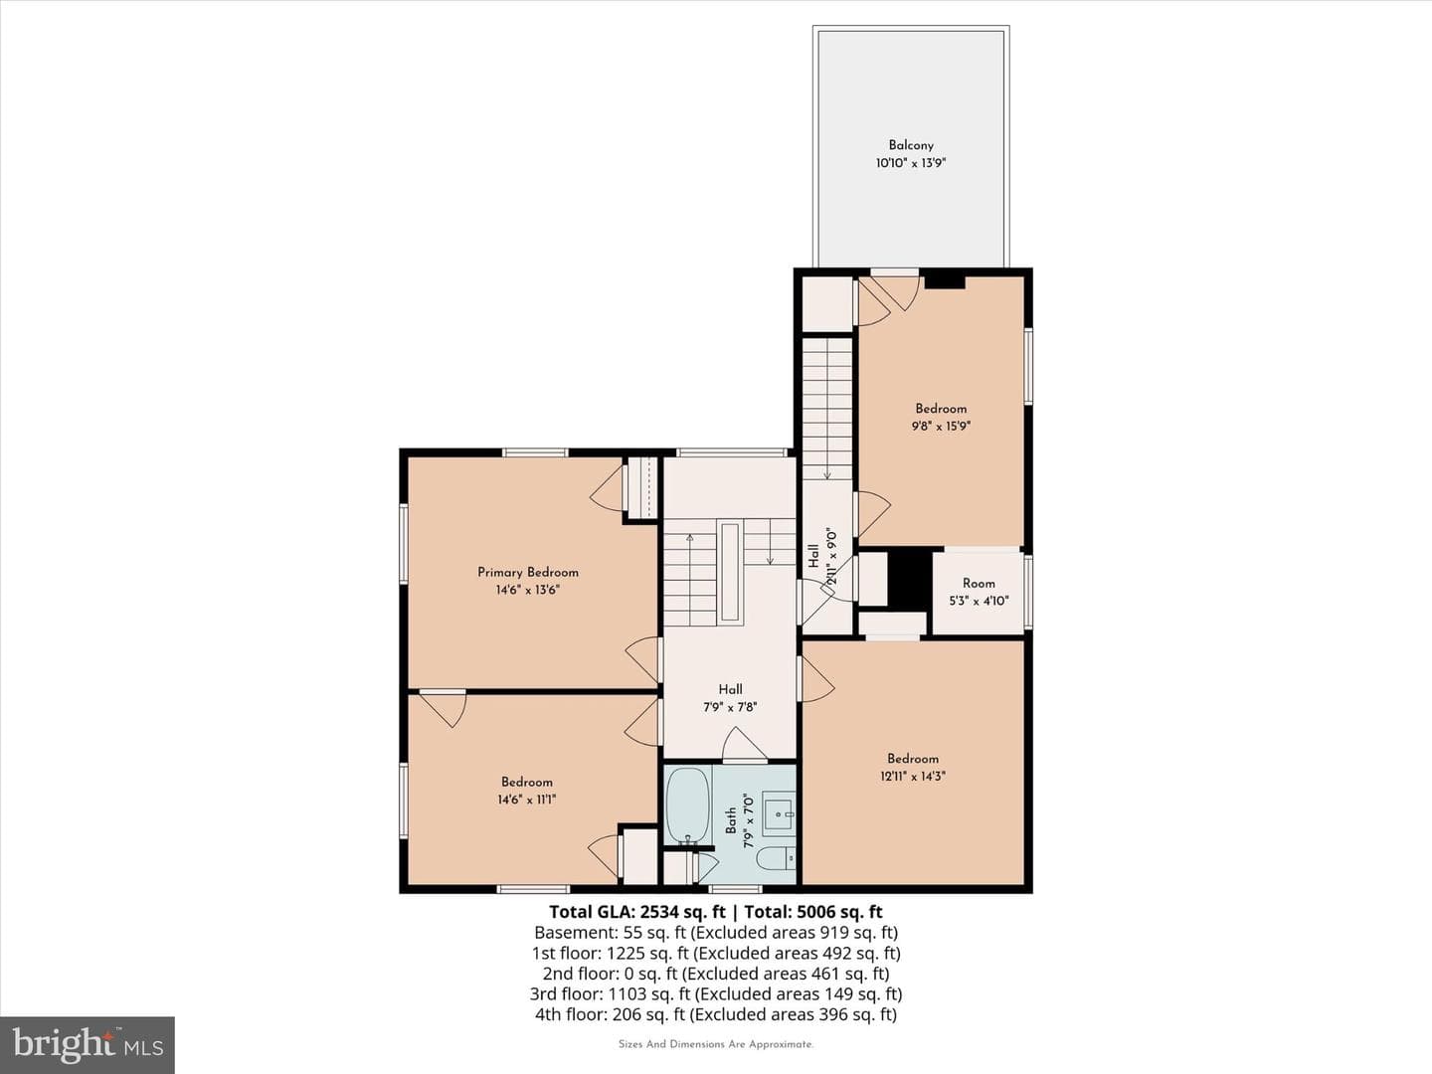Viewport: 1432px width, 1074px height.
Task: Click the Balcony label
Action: pyautogui.click(x=911, y=145)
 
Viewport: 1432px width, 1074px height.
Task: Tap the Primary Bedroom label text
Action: pyautogui.click(x=528, y=573)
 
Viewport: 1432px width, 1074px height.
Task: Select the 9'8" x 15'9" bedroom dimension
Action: pyautogui.click(x=941, y=427)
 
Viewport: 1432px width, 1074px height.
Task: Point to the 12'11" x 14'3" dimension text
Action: pyautogui.click(x=912, y=776)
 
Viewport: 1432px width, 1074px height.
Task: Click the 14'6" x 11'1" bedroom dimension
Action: pyautogui.click(x=526, y=800)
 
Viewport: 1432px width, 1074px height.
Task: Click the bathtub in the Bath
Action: pyautogui.click(x=687, y=806)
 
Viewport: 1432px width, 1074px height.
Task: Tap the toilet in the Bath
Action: pyautogui.click(x=776, y=857)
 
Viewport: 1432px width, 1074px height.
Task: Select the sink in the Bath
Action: pyautogui.click(x=779, y=813)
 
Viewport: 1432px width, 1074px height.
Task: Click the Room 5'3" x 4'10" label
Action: pyautogui.click(x=979, y=592)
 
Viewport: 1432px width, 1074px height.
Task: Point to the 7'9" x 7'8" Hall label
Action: pyautogui.click(x=730, y=698)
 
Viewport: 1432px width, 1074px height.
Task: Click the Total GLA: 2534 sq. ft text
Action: pyautogui.click(x=636, y=912)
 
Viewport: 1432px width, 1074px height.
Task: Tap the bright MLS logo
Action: pyautogui.click(x=88, y=1045)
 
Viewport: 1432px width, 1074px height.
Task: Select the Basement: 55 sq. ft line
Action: pyautogui.click(x=716, y=933)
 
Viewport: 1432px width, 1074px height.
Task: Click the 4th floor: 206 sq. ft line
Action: pyautogui.click(x=716, y=1014)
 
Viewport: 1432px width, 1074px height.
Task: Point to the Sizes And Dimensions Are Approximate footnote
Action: pyautogui.click(x=716, y=1044)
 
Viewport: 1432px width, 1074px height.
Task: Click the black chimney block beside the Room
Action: pyautogui.click(x=910, y=579)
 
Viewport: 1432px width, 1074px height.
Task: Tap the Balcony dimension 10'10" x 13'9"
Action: pyautogui.click(x=911, y=163)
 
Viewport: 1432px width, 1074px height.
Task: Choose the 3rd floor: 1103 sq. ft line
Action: pyautogui.click(x=716, y=993)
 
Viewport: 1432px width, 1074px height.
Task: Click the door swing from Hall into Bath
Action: pyautogui.click(x=745, y=744)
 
